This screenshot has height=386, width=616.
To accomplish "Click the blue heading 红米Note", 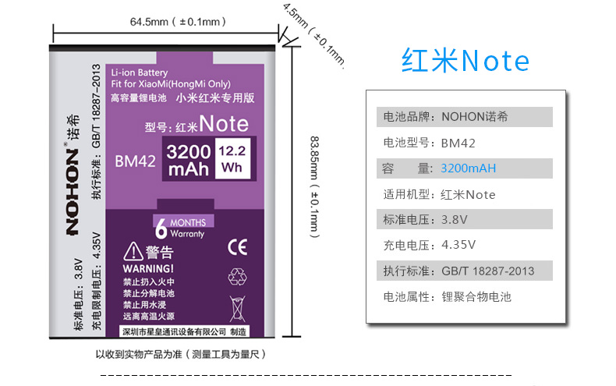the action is tap(465, 61).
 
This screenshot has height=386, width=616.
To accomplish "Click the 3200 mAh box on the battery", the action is tap(188, 159).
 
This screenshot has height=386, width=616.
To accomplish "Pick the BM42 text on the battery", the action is tap(136, 161).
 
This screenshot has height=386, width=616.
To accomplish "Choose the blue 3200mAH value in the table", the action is tap(468, 168).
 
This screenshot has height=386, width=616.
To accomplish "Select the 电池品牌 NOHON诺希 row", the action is tap(464, 118).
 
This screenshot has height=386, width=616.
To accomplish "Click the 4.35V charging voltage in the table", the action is tap(458, 244).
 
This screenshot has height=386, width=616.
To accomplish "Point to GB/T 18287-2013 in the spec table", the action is tap(487, 271).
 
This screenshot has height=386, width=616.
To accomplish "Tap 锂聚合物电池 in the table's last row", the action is tap(476, 296).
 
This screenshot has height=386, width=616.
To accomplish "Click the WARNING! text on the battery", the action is tap(143, 267).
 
